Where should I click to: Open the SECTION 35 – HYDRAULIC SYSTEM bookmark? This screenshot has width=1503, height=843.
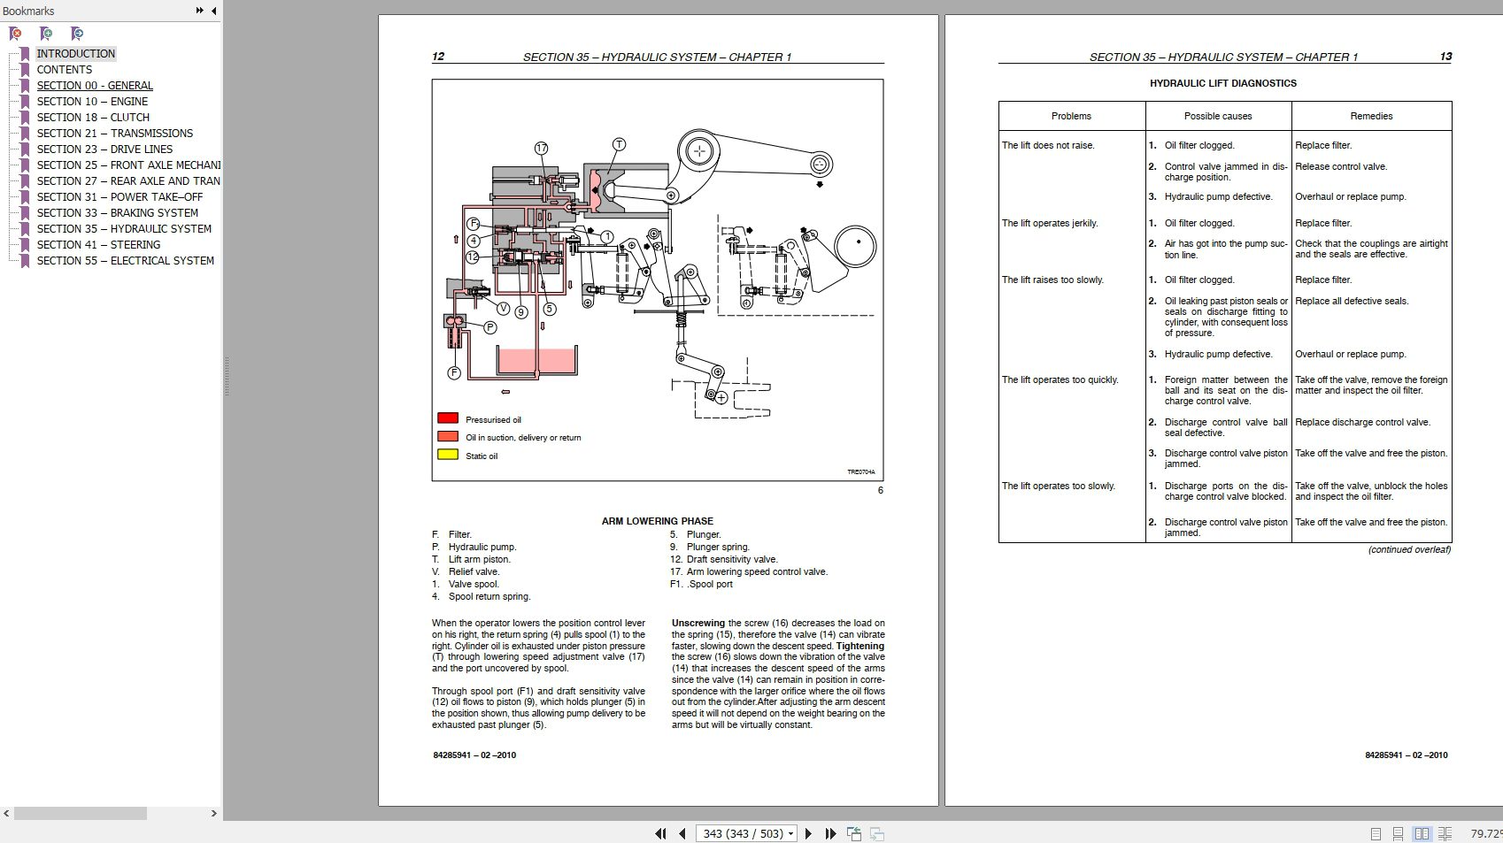pyautogui.click(x=124, y=229)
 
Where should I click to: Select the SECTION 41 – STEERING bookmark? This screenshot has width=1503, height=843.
pyautogui.click(x=98, y=245)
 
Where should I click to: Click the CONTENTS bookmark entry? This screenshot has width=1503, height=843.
pyautogui.click(x=64, y=70)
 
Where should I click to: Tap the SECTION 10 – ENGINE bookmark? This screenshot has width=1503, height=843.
pyautogui.click(x=92, y=102)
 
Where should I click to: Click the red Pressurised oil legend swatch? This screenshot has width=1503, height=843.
pyautogui.click(x=448, y=418)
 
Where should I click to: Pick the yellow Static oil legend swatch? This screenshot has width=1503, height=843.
pyautogui.click(x=448, y=455)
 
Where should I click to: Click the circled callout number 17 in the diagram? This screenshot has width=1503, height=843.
pyautogui.click(x=541, y=149)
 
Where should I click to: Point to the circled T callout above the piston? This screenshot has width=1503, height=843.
pyautogui.click(x=619, y=144)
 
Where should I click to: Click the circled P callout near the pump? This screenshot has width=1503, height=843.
pyautogui.click(x=489, y=327)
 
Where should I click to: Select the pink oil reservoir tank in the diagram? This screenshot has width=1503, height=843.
pyautogui.click(x=536, y=361)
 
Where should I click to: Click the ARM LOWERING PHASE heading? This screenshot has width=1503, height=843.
pyautogui.click(x=657, y=521)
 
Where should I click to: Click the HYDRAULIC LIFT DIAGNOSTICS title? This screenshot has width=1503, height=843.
pyautogui.click(x=1222, y=83)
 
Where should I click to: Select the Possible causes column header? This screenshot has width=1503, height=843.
pyautogui.click(x=1218, y=116)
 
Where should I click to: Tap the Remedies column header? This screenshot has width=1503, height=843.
pyautogui.click(x=1371, y=116)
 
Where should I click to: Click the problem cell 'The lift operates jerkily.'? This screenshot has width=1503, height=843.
pyautogui.click(x=1050, y=223)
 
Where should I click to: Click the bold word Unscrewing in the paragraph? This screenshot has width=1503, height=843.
pyautogui.click(x=698, y=623)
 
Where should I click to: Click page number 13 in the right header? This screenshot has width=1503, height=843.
pyautogui.click(x=1445, y=57)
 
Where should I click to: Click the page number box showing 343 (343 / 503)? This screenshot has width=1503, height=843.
pyautogui.click(x=746, y=833)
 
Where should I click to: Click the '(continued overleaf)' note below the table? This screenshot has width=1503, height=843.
pyautogui.click(x=1409, y=549)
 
